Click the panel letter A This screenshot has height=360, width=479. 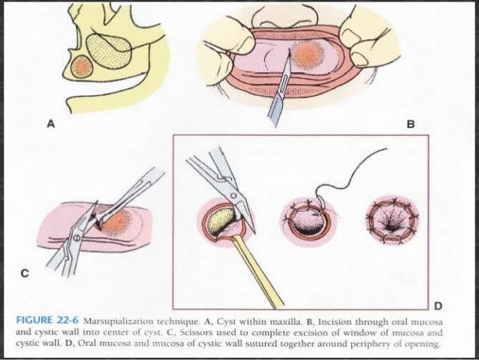(x=51, y=124)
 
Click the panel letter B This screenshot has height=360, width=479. (x=411, y=124)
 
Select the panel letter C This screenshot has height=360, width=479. (x=25, y=273)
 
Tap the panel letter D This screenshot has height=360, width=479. (x=438, y=306)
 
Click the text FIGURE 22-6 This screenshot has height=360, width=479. (x=47, y=321)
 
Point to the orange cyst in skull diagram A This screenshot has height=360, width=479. (x=81, y=67)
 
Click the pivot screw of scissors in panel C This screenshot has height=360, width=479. (x=76, y=237)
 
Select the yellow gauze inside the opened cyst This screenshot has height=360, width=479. (x=220, y=221)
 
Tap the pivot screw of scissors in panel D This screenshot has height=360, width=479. (x=233, y=195)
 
